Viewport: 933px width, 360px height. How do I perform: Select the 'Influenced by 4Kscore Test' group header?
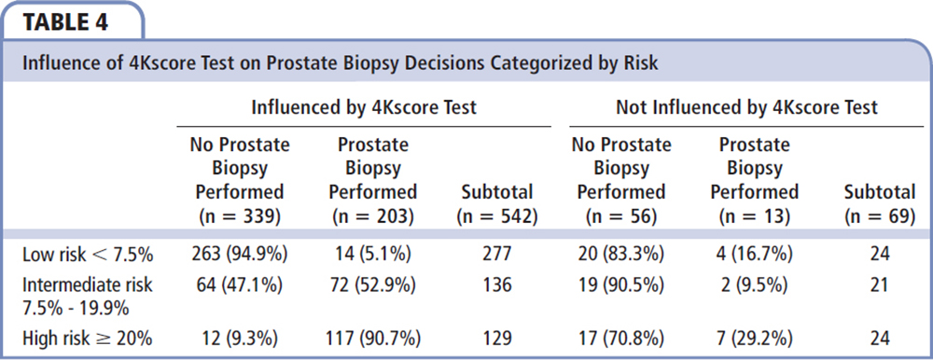click(364, 107)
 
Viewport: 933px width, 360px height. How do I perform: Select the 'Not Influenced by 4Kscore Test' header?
click(746, 107)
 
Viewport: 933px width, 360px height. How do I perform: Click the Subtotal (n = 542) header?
click(497, 204)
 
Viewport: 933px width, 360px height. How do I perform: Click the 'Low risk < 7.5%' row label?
click(88, 255)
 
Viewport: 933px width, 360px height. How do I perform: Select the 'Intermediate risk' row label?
click(88, 285)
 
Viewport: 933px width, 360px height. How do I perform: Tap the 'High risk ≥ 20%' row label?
click(88, 339)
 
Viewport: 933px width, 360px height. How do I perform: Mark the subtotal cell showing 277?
click(497, 255)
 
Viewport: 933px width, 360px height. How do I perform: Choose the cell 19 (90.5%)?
click(621, 285)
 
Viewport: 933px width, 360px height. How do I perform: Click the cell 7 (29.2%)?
click(755, 339)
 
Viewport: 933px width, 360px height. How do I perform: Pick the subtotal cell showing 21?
click(880, 285)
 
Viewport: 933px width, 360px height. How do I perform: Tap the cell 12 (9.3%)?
click(239, 339)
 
